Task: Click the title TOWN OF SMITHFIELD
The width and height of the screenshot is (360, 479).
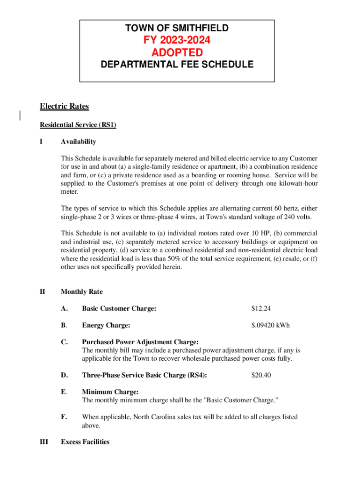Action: point(177,29)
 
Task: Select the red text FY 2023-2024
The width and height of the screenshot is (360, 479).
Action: point(177,41)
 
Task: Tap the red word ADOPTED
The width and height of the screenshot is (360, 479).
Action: point(177,52)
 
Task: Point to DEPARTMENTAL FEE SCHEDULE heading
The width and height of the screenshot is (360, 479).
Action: point(177,65)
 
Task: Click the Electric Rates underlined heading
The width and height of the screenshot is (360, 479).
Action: point(64,107)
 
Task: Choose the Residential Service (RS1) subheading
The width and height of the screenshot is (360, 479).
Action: point(78,125)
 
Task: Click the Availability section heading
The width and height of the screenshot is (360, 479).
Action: point(78,142)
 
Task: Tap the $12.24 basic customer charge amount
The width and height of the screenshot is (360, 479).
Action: point(261,309)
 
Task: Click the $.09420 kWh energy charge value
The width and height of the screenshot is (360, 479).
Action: point(270,325)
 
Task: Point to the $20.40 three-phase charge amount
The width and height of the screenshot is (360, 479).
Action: point(261,375)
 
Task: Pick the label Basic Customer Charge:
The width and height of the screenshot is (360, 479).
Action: point(119,309)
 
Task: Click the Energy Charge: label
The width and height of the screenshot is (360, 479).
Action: point(106,325)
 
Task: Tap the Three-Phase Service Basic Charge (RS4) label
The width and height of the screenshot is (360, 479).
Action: point(144,375)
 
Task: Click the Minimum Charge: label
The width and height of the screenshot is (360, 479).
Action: point(110,392)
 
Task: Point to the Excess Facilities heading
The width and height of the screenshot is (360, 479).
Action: point(85,442)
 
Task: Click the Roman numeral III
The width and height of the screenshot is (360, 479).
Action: point(44,442)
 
